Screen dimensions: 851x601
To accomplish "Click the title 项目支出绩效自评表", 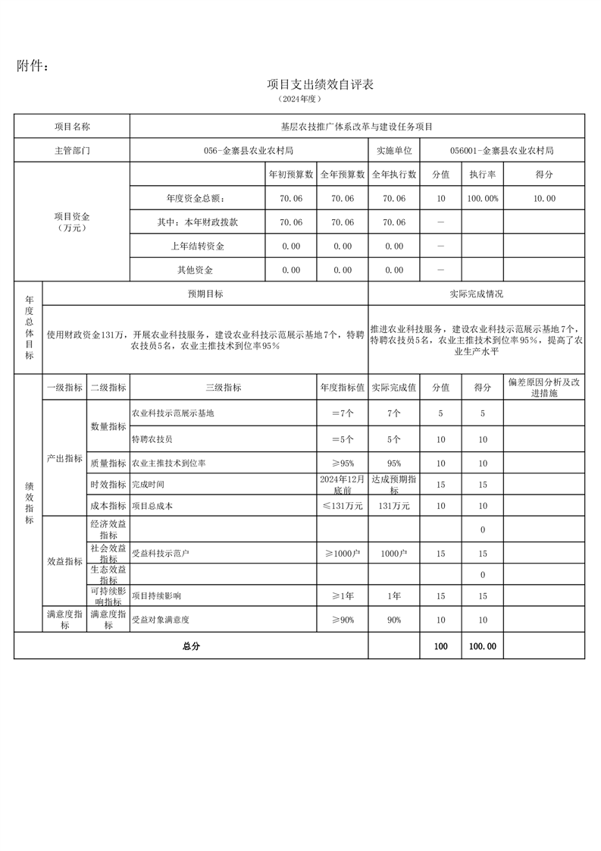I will click(x=321, y=84).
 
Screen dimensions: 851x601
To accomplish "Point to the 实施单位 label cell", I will click(x=393, y=151).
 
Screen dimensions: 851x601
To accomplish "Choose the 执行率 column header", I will click(x=482, y=174).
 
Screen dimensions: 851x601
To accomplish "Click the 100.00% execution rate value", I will click(x=482, y=199).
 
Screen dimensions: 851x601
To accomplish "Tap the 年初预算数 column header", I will click(x=291, y=174).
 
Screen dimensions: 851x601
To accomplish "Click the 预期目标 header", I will click(x=205, y=294).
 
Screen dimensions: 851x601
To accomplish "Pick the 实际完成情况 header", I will click(x=476, y=294).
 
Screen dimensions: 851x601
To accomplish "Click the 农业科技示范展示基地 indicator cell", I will click(x=174, y=413).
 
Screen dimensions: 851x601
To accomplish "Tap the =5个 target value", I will click(x=343, y=439).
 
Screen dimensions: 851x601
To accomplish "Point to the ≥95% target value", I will click(x=343, y=463).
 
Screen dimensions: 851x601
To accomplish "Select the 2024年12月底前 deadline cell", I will click(x=343, y=485).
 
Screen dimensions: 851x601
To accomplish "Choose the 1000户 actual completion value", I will click(x=394, y=554).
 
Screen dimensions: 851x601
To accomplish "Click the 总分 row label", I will click(x=190, y=646).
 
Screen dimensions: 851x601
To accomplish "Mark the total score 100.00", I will click(x=482, y=646).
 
